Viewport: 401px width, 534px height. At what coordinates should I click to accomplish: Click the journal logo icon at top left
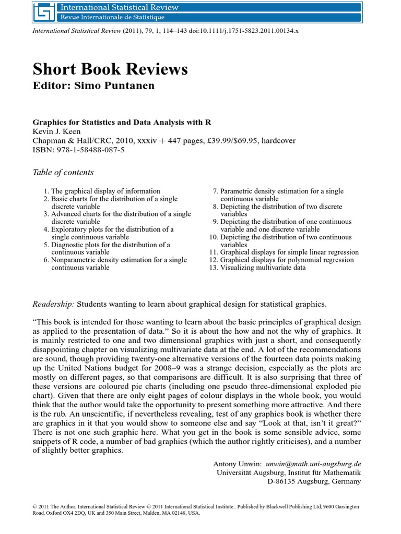coord(44,13)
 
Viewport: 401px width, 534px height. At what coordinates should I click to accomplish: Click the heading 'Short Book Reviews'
coord(110,69)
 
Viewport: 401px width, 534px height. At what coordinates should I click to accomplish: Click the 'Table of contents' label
coord(63,172)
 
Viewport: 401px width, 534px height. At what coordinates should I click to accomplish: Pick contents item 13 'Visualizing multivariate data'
coord(263,268)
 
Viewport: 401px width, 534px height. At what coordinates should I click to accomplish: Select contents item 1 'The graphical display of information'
coord(105,191)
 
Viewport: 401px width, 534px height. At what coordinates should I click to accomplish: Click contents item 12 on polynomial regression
coord(287,260)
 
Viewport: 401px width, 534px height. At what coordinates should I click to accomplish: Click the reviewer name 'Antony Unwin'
coord(237,464)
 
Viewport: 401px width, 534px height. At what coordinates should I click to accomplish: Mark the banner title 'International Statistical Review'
coord(120,7)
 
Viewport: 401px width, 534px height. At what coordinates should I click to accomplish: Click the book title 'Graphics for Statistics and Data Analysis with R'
coord(122,122)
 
